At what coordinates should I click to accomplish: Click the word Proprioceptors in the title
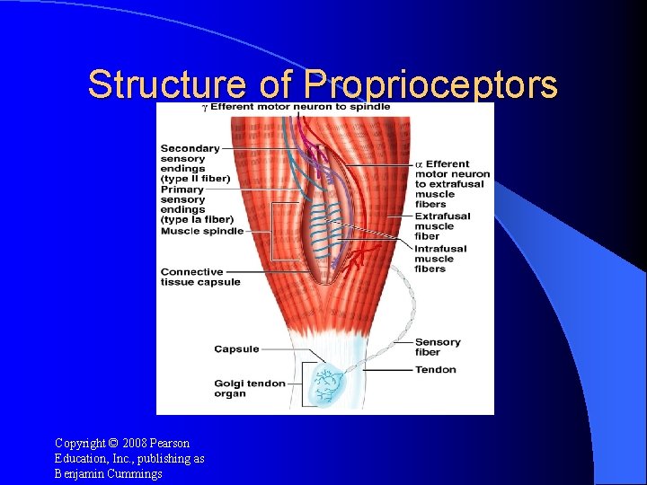pyautogui.click(x=430, y=85)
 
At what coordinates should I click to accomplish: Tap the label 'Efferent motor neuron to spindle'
pyautogui.click(x=300, y=108)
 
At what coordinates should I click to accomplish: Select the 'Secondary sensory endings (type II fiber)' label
pyautogui.click(x=194, y=163)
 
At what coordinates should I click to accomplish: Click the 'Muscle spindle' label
pyautogui.click(x=201, y=231)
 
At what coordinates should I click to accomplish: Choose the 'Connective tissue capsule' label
pyautogui.click(x=200, y=277)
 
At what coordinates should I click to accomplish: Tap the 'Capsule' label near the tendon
pyautogui.click(x=236, y=349)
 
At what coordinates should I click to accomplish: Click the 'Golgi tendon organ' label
pyautogui.click(x=249, y=388)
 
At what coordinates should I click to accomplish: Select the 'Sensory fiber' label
pyautogui.click(x=438, y=348)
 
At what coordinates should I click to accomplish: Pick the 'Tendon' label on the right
pyautogui.click(x=436, y=369)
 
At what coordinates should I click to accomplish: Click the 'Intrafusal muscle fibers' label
pyautogui.click(x=440, y=259)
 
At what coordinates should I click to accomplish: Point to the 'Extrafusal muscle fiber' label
pyautogui.click(x=442, y=225)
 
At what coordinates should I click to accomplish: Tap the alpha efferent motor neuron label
pyautogui.click(x=452, y=183)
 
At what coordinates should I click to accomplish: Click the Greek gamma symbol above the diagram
pyautogui.click(x=204, y=108)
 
